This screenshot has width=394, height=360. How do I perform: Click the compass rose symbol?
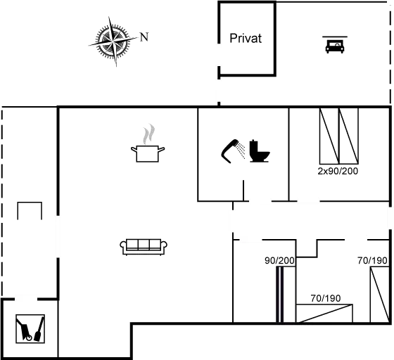click(113, 41)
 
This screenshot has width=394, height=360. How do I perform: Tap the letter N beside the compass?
click(144, 37)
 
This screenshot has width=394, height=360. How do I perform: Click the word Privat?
click(246, 39)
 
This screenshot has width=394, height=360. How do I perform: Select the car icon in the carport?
click(335, 46)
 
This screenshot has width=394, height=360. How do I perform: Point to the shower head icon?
click(233, 151)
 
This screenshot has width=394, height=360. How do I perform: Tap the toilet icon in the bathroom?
click(260, 151)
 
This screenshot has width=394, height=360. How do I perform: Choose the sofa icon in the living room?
click(144, 247)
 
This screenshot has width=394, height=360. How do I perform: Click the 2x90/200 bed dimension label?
click(338, 172)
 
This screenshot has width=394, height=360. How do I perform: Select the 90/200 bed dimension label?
click(279, 261)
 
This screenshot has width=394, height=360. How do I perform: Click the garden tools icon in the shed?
click(30, 328)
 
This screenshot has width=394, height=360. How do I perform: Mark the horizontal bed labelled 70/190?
click(324, 314)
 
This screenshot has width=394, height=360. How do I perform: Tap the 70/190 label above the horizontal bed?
click(326, 298)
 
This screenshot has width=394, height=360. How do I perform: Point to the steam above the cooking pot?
click(148, 134)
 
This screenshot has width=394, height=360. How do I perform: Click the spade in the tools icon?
click(39, 329)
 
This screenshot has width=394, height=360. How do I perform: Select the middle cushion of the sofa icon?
click(144, 244)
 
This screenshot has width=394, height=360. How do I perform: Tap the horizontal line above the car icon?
click(335, 37)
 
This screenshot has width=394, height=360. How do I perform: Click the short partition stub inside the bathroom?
click(243, 191)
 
